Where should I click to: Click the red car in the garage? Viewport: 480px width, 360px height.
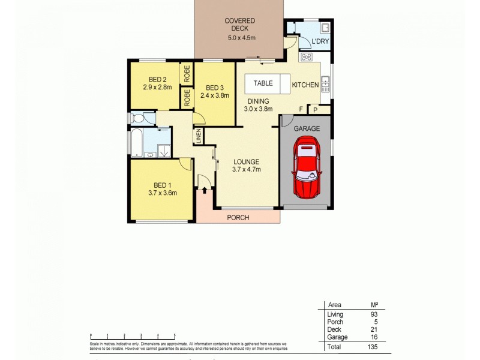[307, 168]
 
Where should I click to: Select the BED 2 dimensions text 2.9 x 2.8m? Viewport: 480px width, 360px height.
[157, 88]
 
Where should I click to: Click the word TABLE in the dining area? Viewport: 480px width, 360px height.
[263, 83]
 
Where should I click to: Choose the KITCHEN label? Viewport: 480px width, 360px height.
[305, 85]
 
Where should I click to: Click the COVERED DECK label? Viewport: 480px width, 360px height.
[240, 21]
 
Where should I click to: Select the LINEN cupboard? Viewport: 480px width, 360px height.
[197, 136]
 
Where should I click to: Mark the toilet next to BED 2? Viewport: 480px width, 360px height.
[136, 118]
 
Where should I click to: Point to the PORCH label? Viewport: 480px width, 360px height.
[238, 217]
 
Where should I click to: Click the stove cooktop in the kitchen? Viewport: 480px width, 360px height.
[305, 58]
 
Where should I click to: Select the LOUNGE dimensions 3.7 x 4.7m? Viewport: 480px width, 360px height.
[247, 170]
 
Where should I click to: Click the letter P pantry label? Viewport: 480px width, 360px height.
[316, 110]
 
